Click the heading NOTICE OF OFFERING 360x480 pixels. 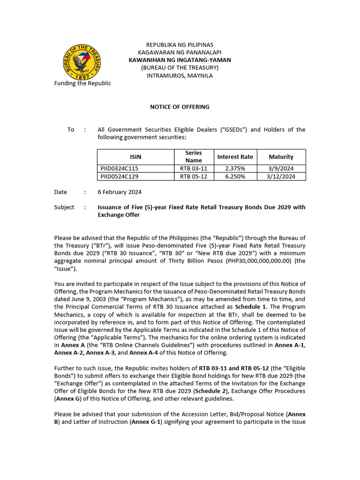[180, 107]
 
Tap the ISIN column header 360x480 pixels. [135, 157]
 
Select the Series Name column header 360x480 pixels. [193, 157]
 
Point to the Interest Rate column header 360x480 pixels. [235, 157]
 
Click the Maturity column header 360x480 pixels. [281, 157]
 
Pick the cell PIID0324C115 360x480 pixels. [120, 168]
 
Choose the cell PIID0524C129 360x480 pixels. [120, 177]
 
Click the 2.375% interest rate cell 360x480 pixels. [235, 168]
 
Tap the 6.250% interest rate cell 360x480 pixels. [235, 177]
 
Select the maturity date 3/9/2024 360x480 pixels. [281, 168]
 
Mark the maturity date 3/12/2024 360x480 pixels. [281, 177]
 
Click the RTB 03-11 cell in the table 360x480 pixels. [193, 168]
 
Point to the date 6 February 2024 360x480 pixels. [120, 192]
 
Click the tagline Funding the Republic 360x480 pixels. [82, 83]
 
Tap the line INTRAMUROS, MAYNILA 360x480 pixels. [180, 76]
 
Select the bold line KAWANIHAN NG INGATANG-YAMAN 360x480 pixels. [180, 60]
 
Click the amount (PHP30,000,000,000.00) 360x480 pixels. [251, 261]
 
